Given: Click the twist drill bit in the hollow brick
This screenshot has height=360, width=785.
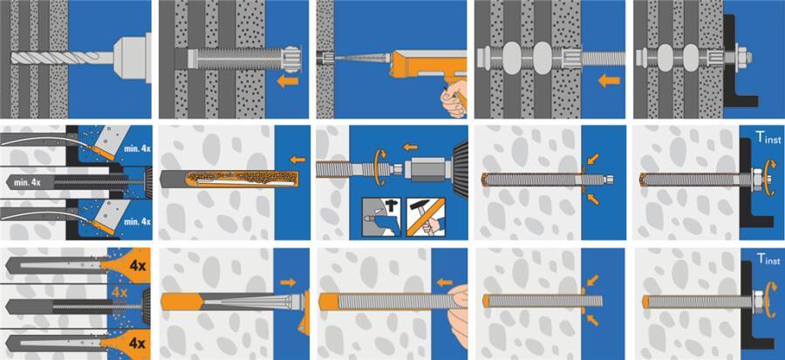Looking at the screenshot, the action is coord(60,58).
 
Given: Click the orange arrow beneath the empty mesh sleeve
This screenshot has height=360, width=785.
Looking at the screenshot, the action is coord(288,81).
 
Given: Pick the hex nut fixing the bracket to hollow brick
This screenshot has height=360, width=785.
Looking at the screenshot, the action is coord(742,58).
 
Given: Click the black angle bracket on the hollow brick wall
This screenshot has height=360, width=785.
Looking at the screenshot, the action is coord(739,60).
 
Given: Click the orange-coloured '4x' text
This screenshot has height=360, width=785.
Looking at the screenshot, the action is coord(120,291).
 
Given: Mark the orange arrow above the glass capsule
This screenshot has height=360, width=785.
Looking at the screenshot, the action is coord(297,160).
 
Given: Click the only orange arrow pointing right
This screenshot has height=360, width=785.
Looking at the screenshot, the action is coord(288,282).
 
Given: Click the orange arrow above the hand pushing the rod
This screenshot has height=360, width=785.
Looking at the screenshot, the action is coord(444,283).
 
